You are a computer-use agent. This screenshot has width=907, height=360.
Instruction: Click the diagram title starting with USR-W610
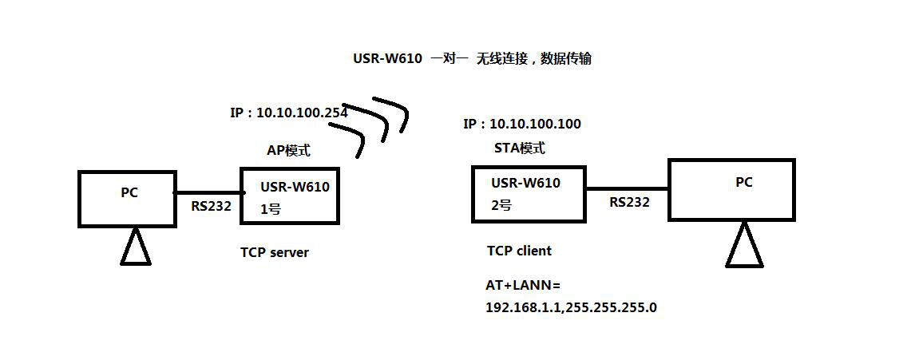472,58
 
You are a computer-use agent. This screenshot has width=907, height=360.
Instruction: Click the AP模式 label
288,150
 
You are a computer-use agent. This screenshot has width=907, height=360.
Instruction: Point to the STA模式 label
520,148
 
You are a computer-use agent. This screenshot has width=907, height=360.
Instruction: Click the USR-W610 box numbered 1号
289,196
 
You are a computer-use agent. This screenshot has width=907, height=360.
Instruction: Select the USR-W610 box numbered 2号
528,193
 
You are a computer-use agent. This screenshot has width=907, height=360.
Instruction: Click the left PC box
127,199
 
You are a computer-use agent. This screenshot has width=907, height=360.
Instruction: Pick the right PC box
731,189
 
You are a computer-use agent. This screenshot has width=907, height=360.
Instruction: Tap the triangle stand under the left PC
135,247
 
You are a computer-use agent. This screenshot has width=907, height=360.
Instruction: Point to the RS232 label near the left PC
211,206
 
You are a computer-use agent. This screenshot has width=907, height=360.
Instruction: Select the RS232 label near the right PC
629,203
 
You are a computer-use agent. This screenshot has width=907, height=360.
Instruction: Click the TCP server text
275,252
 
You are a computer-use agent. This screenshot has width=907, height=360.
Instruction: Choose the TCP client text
519,251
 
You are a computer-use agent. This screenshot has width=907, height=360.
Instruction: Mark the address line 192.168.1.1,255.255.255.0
571,307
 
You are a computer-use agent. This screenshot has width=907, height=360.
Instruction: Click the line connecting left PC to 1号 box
208,192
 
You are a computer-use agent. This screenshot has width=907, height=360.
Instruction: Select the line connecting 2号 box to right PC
627,189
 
